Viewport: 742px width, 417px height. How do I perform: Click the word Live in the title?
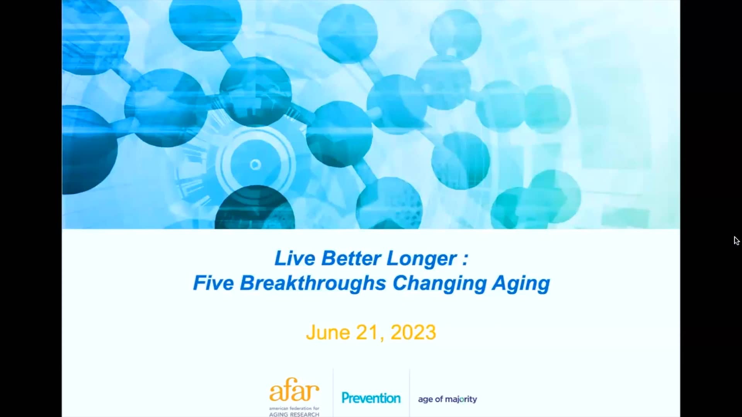(294, 258)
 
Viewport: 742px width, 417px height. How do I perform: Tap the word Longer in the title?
(421, 258)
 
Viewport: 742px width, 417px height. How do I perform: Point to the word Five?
(213, 283)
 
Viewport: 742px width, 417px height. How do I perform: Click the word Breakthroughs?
(313, 283)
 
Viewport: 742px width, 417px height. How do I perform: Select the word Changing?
(439, 283)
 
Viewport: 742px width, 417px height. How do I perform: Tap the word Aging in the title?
(521, 284)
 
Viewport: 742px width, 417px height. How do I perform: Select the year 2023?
(413, 332)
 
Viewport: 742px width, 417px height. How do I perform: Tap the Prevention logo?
(371, 398)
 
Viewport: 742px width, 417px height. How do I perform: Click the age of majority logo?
(448, 399)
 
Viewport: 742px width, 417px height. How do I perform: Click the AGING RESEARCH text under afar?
(294, 414)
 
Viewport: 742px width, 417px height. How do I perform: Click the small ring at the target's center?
(255, 165)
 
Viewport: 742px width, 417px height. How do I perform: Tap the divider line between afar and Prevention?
(333, 392)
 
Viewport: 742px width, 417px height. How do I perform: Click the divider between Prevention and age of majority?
(410, 392)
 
